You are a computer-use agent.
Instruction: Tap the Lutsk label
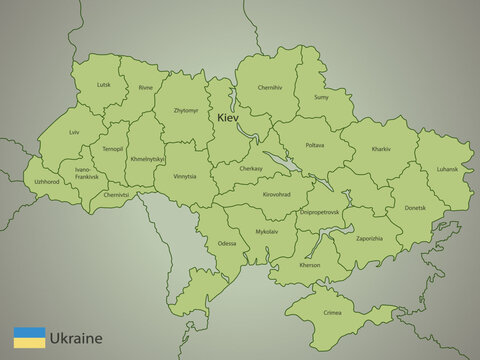(x=104, y=85)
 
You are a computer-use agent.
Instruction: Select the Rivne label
(x=146, y=88)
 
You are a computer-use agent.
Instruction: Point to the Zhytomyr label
(x=185, y=110)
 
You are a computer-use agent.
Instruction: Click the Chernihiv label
(x=270, y=88)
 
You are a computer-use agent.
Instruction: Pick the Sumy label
(x=322, y=97)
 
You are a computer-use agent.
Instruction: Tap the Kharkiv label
(x=381, y=149)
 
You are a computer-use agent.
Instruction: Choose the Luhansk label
(x=447, y=169)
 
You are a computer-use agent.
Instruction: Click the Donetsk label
(x=415, y=208)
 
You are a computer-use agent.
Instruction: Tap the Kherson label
(x=311, y=266)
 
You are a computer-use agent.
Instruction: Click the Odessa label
(x=228, y=244)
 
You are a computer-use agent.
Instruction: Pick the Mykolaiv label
(x=267, y=231)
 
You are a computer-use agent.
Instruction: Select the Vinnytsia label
(x=185, y=176)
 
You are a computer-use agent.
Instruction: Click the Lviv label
(x=74, y=133)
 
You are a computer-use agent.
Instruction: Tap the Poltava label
(x=314, y=145)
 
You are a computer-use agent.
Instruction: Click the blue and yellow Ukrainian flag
(x=29, y=337)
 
